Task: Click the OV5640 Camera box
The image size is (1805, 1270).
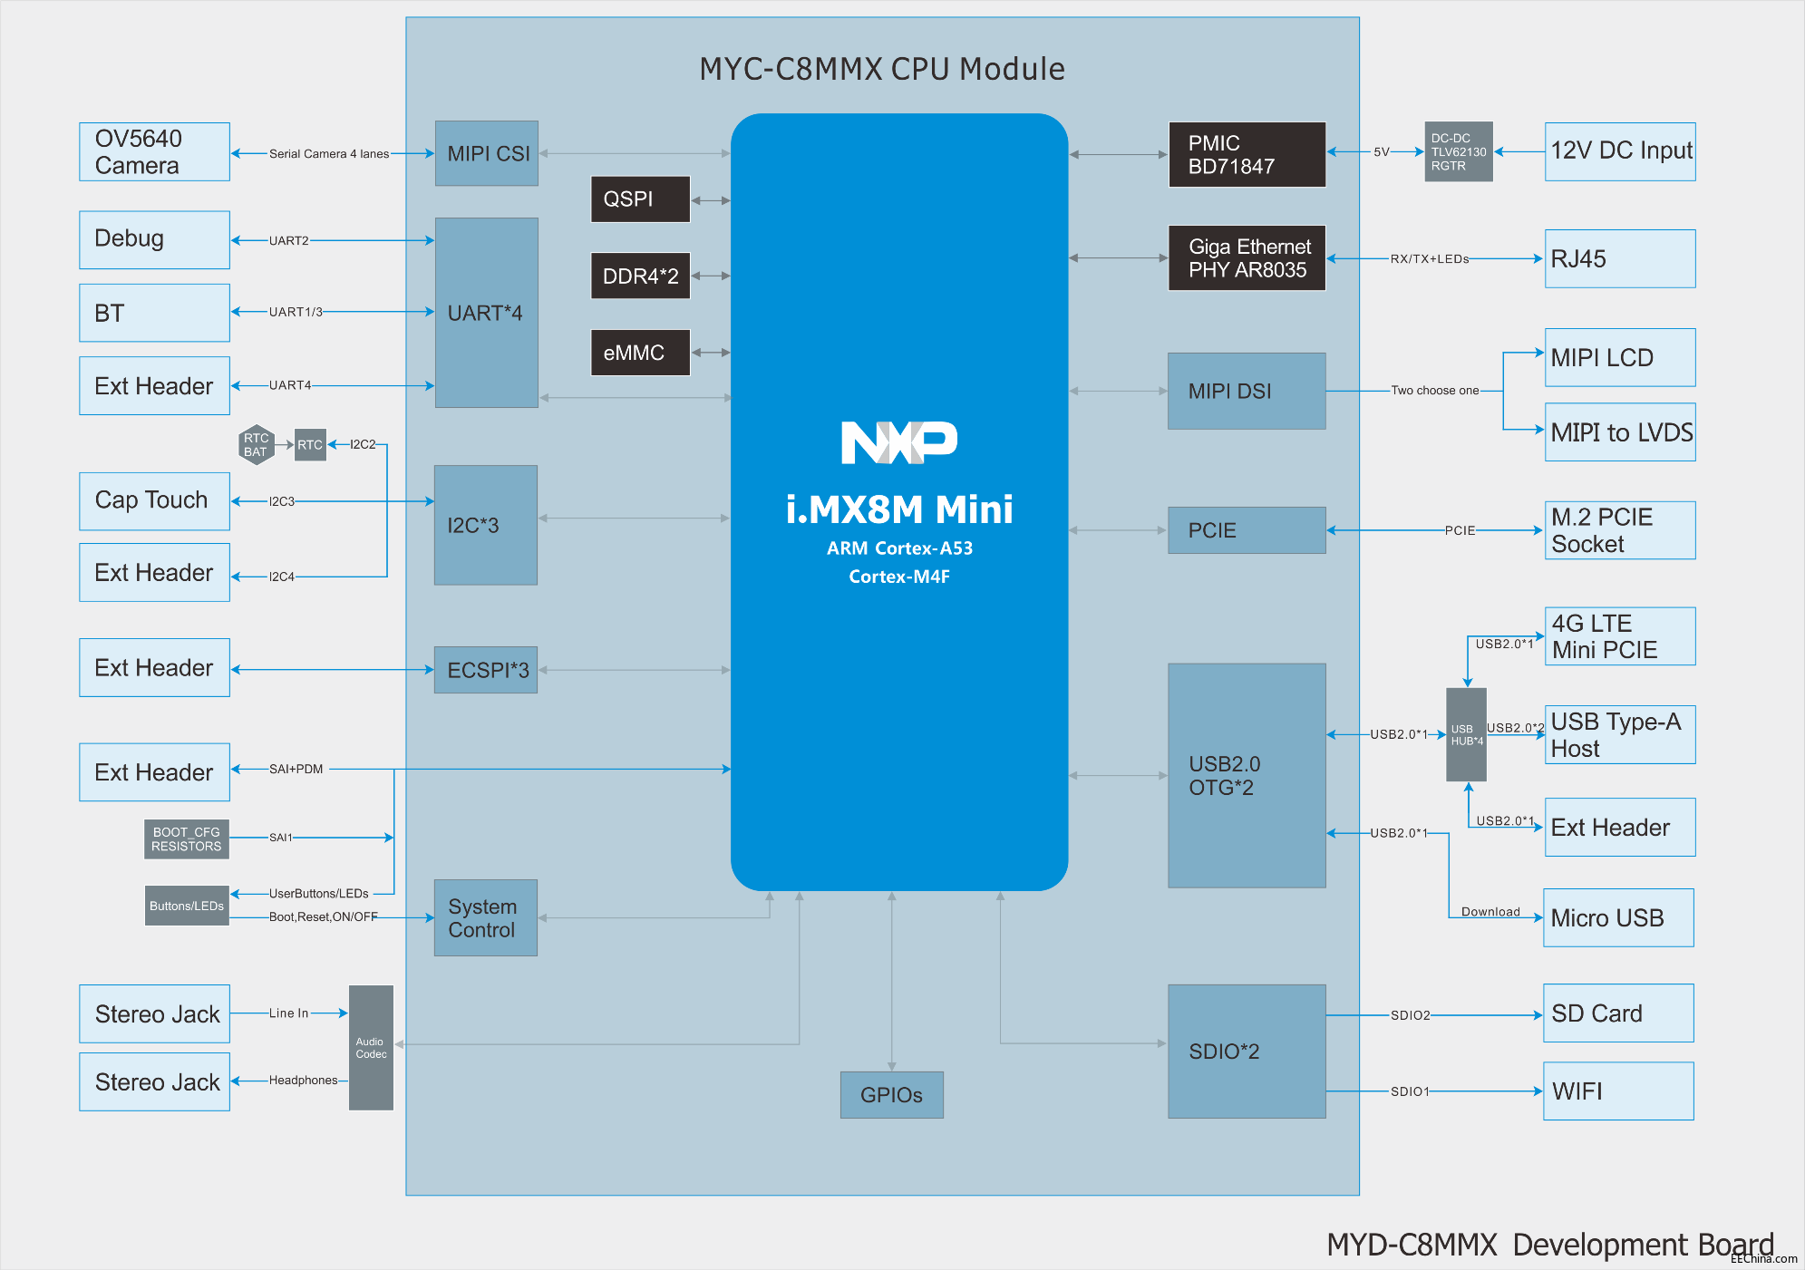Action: [x=154, y=152]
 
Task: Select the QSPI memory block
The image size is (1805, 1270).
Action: [x=640, y=199]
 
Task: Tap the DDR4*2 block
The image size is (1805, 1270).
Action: [x=640, y=276]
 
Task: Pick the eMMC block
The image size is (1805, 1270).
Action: [x=640, y=353]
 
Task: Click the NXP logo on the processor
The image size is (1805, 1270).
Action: [x=898, y=442]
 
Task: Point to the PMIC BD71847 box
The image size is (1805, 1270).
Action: [x=1247, y=155]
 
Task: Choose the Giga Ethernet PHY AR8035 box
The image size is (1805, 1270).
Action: [x=1247, y=258]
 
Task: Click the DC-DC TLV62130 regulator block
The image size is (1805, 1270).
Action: [x=1458, y=152]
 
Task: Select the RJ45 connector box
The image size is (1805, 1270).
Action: [x=1619, y=259]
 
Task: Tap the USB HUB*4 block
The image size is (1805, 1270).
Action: [x=1466, y=734]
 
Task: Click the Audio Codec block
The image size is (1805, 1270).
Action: [x=371, y=1048]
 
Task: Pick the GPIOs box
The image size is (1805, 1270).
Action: [x=891, y=1095]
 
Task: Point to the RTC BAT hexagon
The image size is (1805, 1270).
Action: [x=257, y=445]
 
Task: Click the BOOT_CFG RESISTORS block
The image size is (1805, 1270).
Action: [x=186, y=839]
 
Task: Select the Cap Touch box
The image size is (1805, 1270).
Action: [x=154, y=501]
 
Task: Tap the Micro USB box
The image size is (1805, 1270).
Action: [x=1618, y=918]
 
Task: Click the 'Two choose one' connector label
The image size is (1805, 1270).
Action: [x=1434, y=391]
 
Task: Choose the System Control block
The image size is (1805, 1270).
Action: [x=485, y=918]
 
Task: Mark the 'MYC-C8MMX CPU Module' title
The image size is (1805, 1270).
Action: [x=881, y=69]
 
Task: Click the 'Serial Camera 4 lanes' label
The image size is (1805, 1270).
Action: [x=329, y=154]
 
